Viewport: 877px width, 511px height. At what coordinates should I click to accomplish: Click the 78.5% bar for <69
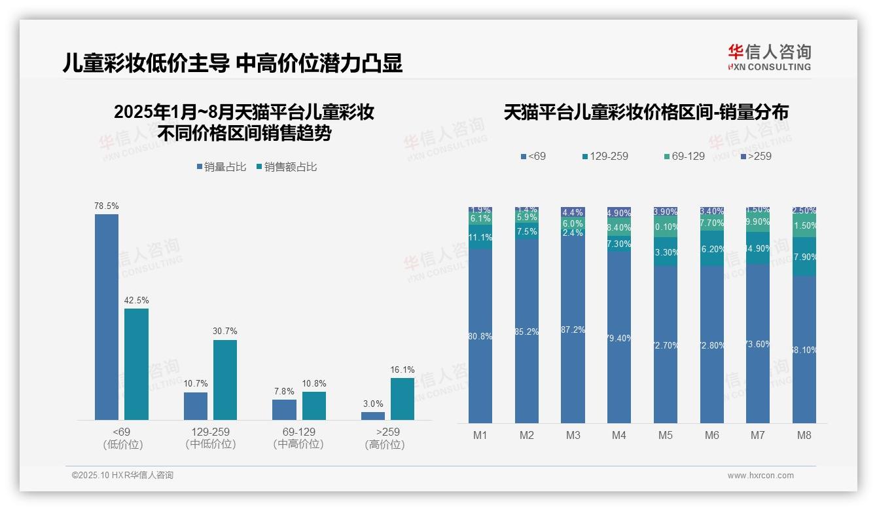click(x=107, y=317)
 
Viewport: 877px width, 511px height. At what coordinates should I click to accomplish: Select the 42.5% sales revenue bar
click(x=136, y=364)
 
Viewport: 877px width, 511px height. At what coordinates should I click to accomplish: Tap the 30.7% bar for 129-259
click(x=225, y=380)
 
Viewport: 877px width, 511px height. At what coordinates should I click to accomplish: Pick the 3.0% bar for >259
click(x=373, y=416)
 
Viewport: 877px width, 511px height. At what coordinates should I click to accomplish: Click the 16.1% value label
click(x=402, y=369)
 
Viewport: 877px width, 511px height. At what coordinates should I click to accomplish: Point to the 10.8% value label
click(x=313, y=383)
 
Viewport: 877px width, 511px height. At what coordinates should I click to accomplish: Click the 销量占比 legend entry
click(x=221, y=167)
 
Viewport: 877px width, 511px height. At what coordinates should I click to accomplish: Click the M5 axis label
click(x=666, y=435)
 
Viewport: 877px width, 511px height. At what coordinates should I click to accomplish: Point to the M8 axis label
click(x=804, y=435)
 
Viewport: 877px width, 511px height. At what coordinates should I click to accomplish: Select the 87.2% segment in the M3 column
click(x=573, y=330)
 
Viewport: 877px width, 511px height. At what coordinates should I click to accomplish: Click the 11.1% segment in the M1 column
click(x=480, y=237)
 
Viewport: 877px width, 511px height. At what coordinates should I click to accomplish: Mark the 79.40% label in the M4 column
click(x=619, y=338)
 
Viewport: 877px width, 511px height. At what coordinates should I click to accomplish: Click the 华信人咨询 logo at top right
click(x=769, y=57)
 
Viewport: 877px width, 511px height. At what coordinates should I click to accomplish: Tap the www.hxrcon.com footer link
click(x=761, y=476)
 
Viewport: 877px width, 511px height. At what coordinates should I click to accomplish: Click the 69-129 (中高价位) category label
click(x=298, y=438)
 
